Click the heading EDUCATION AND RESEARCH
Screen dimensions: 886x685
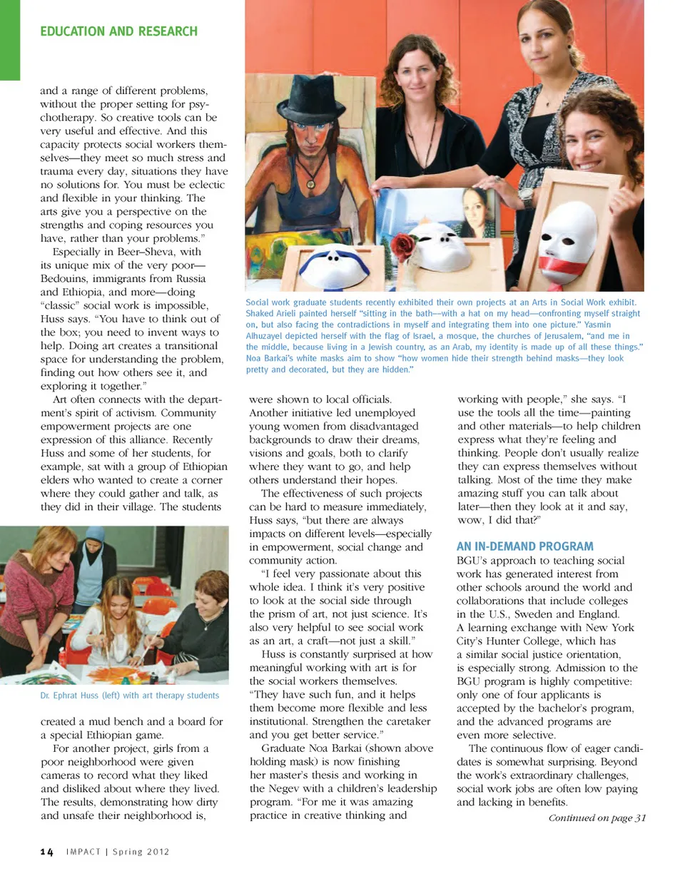[x=118, y=31]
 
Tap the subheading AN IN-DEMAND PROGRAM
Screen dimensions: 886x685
[x=524, y=546]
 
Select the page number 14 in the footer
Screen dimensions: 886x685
[x=46, y=852]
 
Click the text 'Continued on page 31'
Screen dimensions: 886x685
[x=597, y=818]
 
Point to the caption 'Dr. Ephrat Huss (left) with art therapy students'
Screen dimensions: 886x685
[x=130, y=696]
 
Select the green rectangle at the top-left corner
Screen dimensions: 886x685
[x=10, y=39]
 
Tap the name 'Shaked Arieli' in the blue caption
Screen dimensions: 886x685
[x=271, y=313]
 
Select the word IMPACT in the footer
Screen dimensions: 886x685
[x=83, y=852]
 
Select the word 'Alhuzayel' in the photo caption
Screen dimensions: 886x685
[x=267, y=336]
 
